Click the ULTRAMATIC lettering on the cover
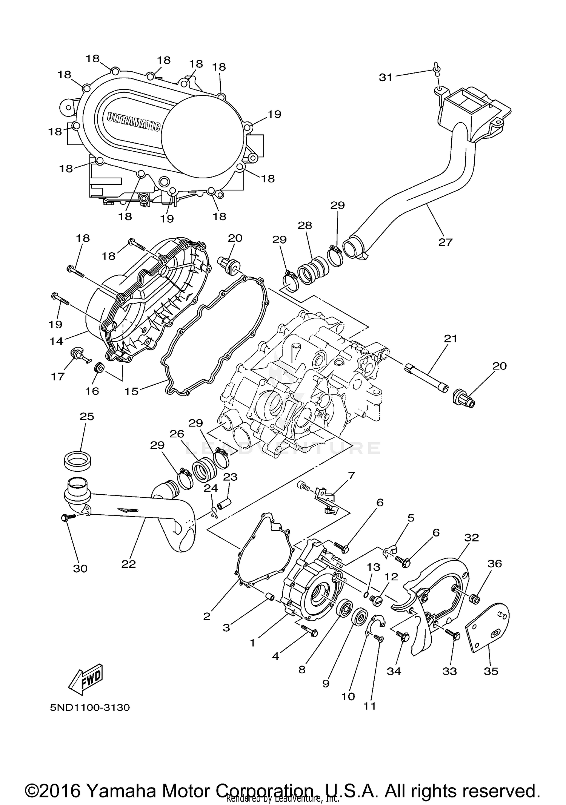point(134,121)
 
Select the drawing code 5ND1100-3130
point(90,707)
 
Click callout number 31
point(386,77)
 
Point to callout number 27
point(445,242)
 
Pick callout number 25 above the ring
point(87,417)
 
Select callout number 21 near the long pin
point(451,339)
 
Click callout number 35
point(491,671)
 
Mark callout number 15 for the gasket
point(132,391)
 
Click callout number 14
point(56,341)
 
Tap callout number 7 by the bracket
point(351,475)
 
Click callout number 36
point(495,564)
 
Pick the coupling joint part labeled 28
point(313,270)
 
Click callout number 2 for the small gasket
point(207,616)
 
